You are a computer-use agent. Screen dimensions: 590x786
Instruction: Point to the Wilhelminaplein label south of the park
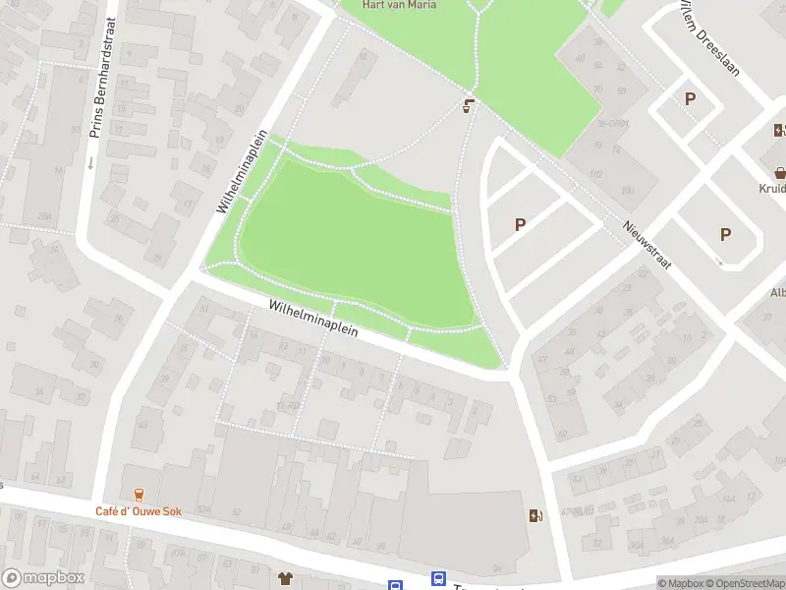[313, 320]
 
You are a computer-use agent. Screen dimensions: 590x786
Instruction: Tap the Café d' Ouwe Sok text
[139, 511]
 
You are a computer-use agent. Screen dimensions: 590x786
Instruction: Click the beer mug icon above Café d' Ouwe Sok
[139, 494]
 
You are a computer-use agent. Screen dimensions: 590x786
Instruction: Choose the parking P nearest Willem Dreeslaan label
[690, 98]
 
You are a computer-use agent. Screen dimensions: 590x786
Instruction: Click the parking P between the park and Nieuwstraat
[520, 224]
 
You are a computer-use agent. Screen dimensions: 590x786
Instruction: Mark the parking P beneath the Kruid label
[725, 234]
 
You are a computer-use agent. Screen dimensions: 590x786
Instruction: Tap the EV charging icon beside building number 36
[534, 515]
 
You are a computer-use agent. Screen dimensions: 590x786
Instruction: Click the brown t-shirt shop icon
[286, 578]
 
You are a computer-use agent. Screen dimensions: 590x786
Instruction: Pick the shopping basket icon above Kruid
[780, 169]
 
